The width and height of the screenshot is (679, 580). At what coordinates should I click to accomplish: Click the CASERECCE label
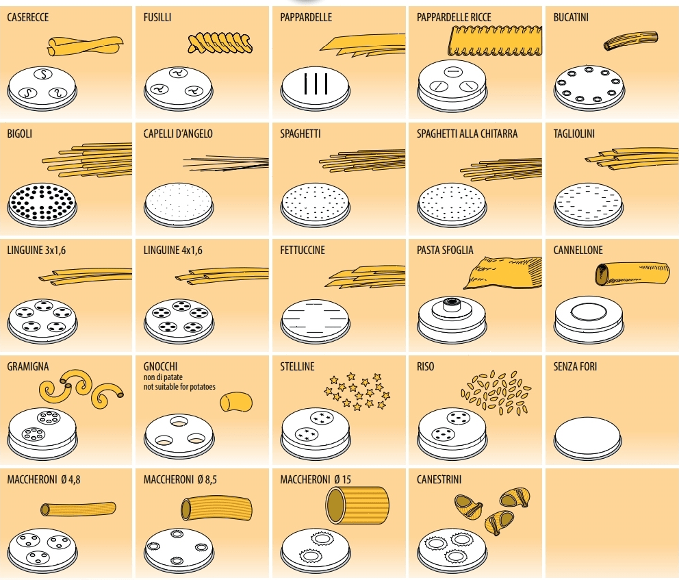28,17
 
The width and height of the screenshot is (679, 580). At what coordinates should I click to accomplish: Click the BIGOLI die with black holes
42,201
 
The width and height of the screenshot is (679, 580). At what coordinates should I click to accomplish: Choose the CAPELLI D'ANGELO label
178,134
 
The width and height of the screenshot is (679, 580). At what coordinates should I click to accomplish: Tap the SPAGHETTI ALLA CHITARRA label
467,134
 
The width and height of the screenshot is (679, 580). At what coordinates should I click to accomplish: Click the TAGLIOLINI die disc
589,202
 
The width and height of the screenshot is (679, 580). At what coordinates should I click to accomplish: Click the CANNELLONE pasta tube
632,273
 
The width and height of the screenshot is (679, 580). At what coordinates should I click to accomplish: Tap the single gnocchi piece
236,401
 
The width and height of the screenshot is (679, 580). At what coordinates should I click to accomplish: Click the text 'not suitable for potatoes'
179,387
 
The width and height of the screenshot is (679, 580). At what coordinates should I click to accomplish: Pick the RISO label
426,366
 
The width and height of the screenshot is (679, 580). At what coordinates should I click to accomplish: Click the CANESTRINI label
439,479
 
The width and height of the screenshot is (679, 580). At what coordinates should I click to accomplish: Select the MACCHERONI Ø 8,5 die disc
179,547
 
